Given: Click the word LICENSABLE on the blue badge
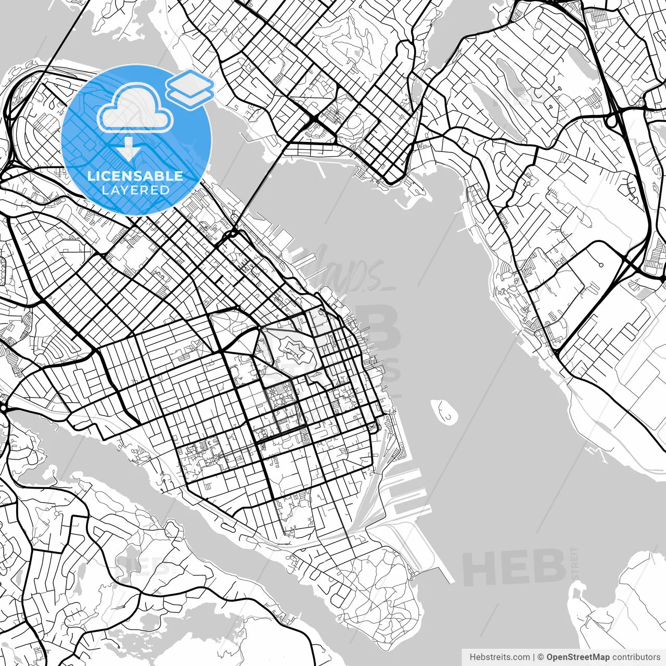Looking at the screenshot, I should (135, 176).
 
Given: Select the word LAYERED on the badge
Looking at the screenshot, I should (135, 190).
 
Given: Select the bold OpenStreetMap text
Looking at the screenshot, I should (578, 657).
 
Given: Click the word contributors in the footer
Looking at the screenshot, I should (636, 657).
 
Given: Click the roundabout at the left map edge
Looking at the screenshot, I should (4, 408).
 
